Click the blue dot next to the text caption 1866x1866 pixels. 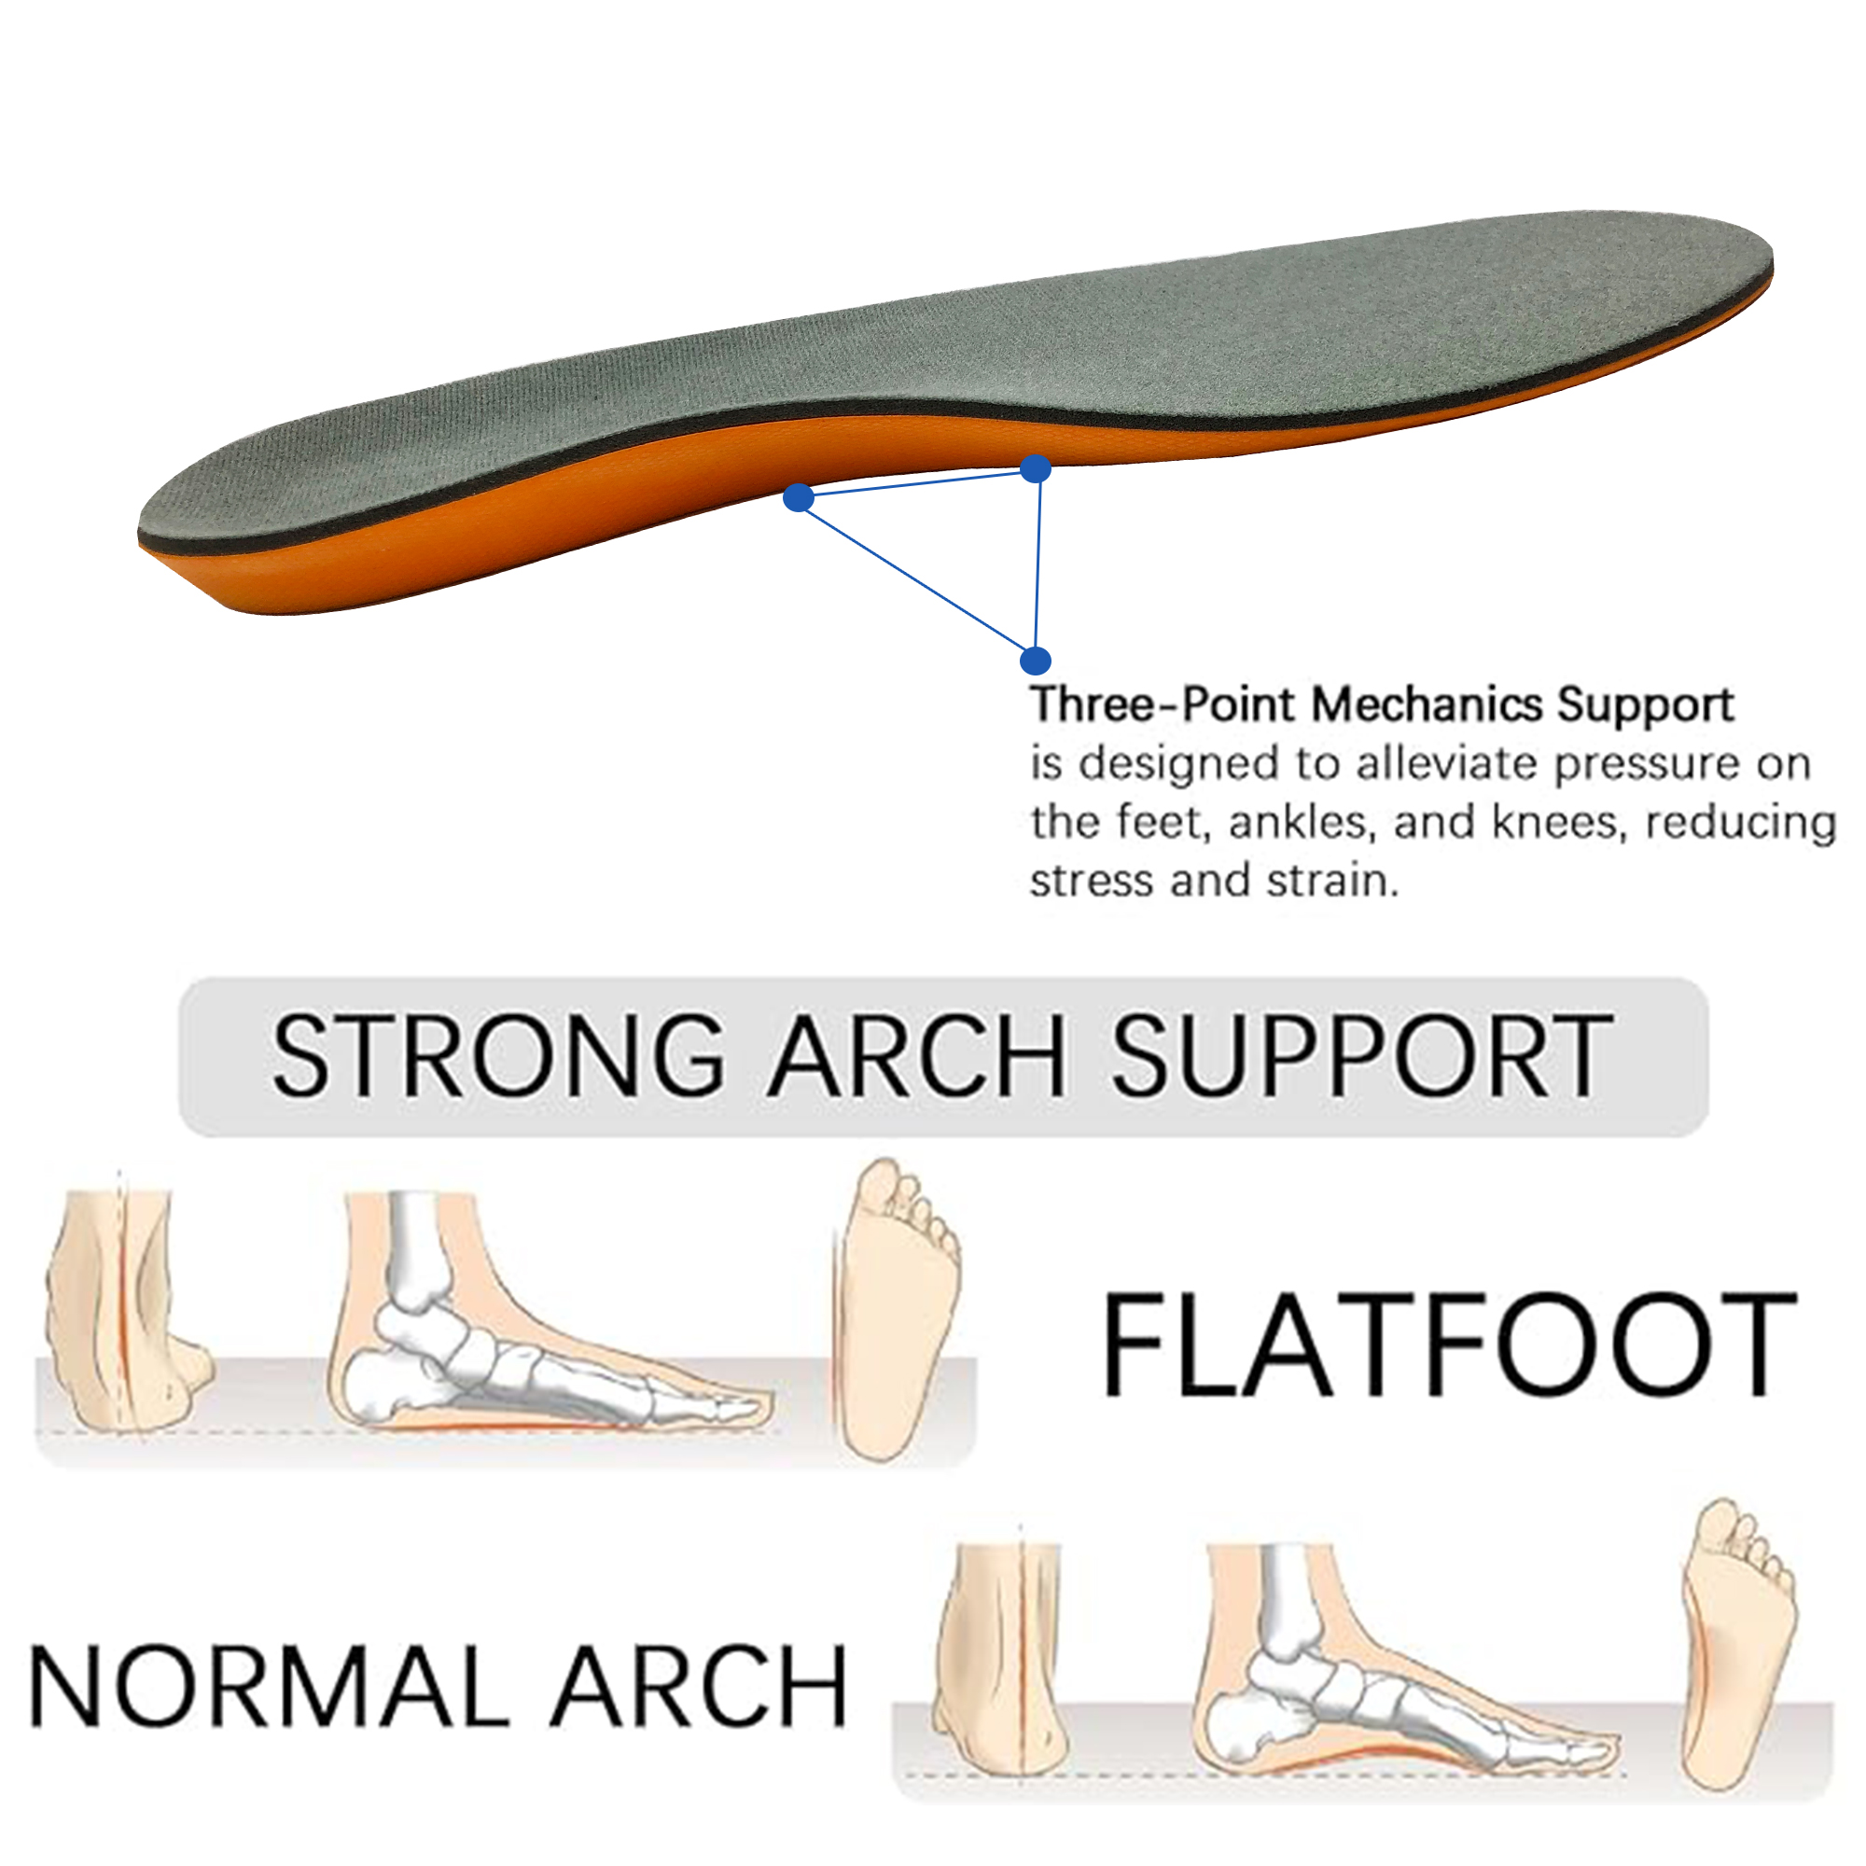pos(1035,661)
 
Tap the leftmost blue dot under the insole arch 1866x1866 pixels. pos(798,497)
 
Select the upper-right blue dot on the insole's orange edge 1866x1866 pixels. pos(1036,469)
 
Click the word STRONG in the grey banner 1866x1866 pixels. pos(497,1057)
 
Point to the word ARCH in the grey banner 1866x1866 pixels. pos(915,1057)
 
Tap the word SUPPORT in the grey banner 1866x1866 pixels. pos(1362,1057)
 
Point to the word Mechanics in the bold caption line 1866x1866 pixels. pos(1426,704)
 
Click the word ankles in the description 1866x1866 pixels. pos(1300,822)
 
